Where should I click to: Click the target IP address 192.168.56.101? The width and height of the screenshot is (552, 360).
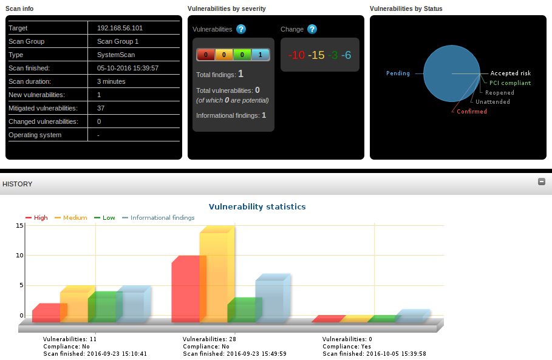click(120, 28)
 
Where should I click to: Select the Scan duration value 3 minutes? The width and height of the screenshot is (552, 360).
click(111, 81)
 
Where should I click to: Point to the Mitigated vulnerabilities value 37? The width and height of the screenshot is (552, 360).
click(101, 109)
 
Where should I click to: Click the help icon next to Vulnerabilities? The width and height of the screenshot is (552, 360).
click(241, 29)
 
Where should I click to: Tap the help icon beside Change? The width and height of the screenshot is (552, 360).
click(312, 29)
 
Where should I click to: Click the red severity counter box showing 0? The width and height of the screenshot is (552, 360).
click(206, 55)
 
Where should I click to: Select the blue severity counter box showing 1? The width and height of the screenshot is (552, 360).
click(260, 55)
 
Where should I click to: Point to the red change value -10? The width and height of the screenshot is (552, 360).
click(296, 55)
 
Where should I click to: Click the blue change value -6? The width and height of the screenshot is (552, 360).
click(346, 55)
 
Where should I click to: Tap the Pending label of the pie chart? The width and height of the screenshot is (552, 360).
click(398, 73)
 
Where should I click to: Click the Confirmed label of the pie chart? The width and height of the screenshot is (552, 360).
click(472, 112)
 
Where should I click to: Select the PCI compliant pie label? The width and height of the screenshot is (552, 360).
click(510, 83)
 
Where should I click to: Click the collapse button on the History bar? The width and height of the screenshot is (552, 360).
click(542, 182)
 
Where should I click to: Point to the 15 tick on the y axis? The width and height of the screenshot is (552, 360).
click(19, 226)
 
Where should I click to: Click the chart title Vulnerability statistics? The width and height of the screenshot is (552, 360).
click(257, 206)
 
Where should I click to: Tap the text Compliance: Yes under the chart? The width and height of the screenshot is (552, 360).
click(347, 347)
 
